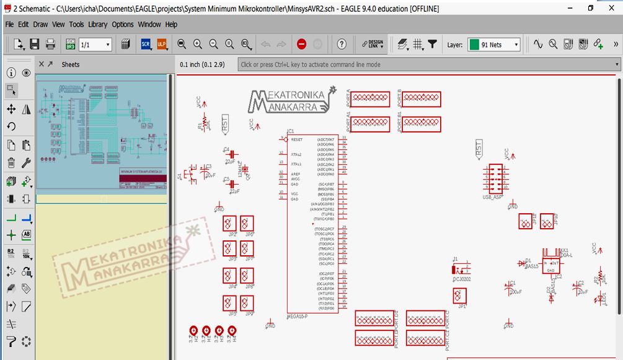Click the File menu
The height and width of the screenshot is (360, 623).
coord(9,24)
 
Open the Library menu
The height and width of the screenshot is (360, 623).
coord(97,24)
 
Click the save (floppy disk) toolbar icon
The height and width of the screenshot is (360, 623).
coord(35,44)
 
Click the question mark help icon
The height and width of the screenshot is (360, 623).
coord(342,44)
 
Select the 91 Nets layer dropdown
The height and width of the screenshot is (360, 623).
coord(494,45)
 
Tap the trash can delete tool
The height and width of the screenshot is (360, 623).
coord(11,163)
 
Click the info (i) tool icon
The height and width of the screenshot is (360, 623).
coord(11,72)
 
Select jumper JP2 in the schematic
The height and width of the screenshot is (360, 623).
coord(229,224)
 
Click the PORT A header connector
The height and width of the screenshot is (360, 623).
coord(371,99)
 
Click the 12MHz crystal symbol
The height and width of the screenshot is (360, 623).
coord(245,170)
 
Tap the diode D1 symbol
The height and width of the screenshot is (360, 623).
coord(521,263)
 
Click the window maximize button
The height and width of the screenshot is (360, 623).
coord(590,8)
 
